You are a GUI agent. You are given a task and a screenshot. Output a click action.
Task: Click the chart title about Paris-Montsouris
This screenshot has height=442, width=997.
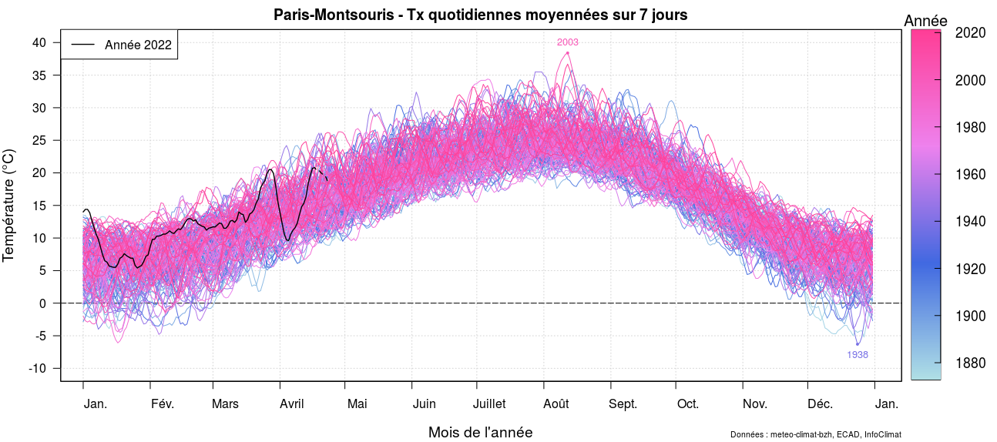pos(480,15)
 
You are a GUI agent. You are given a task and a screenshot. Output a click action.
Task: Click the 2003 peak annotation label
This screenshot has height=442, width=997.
pos(568,42)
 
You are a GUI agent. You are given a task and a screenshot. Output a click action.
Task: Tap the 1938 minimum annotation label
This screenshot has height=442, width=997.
pos(858,355)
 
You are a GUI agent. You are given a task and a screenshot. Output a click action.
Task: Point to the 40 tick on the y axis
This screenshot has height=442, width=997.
pos(40,42)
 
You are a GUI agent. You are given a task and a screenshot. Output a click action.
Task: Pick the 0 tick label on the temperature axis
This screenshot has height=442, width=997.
pos(43,303)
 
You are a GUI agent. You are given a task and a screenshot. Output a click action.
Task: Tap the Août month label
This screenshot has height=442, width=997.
pos(556,404)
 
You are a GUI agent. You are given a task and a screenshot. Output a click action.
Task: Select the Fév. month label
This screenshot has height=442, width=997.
pos(163,404)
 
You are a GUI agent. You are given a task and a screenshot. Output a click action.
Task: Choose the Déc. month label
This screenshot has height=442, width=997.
pos(821,404)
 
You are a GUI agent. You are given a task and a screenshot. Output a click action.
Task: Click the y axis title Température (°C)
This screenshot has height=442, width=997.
pos(9,205)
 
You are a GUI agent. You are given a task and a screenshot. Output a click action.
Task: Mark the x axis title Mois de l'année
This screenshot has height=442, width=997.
pos(480,433)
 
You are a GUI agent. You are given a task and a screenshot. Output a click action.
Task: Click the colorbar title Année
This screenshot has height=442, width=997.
pos(925,21)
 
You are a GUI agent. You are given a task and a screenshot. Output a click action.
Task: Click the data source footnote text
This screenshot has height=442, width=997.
pos(815,435)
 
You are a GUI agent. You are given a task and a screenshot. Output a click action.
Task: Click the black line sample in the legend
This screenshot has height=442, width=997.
pos(83,45)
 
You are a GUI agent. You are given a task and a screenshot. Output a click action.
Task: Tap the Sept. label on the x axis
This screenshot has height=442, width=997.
pos(623,404)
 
